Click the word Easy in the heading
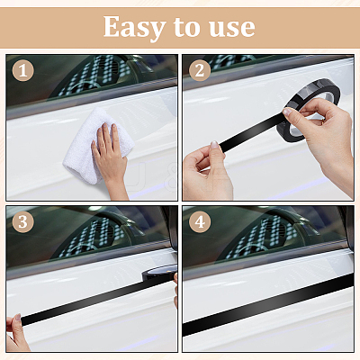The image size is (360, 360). pos(134,28)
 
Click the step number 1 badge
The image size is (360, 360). pos(22,71)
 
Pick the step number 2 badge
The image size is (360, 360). pos(200,71)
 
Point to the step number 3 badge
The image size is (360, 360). pos(22,222)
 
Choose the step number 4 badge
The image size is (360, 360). pos(200,222)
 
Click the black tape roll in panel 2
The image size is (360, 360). pos(309,111)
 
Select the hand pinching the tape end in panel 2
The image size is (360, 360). pos(207,171)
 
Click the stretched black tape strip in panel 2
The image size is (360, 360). pos(250,132)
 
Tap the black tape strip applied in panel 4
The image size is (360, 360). pos(268,304)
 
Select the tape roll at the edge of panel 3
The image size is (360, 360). pos(159,272)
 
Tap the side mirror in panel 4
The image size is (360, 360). pos(349,228)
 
